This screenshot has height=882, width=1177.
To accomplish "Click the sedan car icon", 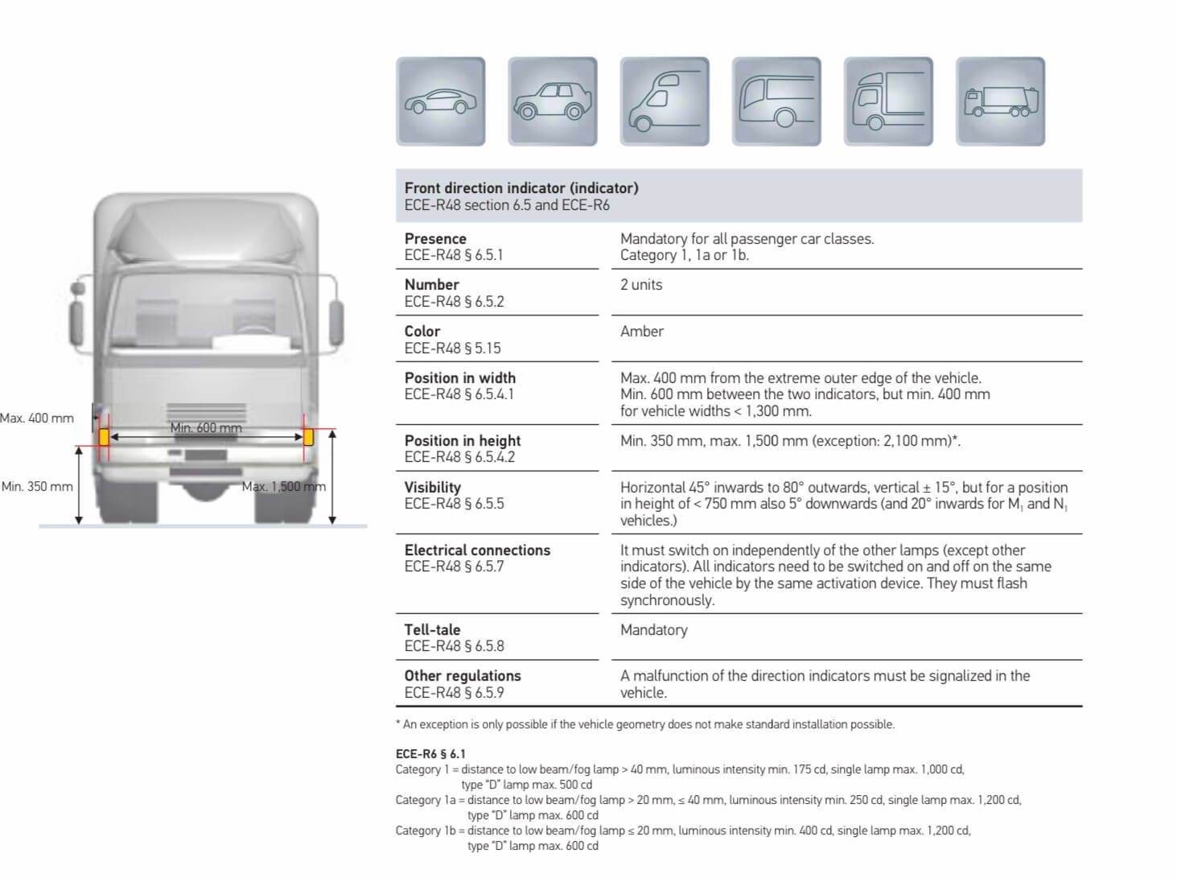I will point(440,101).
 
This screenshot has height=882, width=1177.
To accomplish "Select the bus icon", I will point(776,101).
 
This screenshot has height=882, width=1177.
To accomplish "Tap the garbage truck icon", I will point(999,101).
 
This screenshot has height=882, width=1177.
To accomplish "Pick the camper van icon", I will point(664,101).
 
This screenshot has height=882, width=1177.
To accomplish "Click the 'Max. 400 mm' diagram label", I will point(37,418).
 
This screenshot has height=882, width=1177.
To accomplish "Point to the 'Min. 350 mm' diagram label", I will point(37,486).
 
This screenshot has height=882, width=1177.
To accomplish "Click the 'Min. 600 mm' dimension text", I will point(206,427).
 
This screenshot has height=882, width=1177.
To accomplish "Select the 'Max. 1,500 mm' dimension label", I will point(284,486).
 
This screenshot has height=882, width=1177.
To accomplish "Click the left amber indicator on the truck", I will point(104,437).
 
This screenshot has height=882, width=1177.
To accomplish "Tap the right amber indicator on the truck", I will point(308,437).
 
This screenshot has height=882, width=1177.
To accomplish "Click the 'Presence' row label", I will point(435,238).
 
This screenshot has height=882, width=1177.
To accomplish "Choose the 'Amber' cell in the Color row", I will point(642,331).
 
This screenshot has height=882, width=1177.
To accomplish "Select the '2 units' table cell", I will point(641,284).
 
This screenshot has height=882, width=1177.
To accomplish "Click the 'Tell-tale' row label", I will point(432,629).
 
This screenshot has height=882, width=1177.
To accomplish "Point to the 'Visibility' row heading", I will point(433,487).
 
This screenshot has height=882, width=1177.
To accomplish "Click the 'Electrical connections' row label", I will point(477,550).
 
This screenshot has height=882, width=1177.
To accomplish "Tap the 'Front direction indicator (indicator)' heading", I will point(521,188).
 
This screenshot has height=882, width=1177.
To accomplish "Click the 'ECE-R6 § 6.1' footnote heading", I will point(430,754).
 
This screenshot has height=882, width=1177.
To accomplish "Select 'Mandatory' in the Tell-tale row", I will point(654,629).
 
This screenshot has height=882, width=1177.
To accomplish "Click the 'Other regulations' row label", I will point(463,675).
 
